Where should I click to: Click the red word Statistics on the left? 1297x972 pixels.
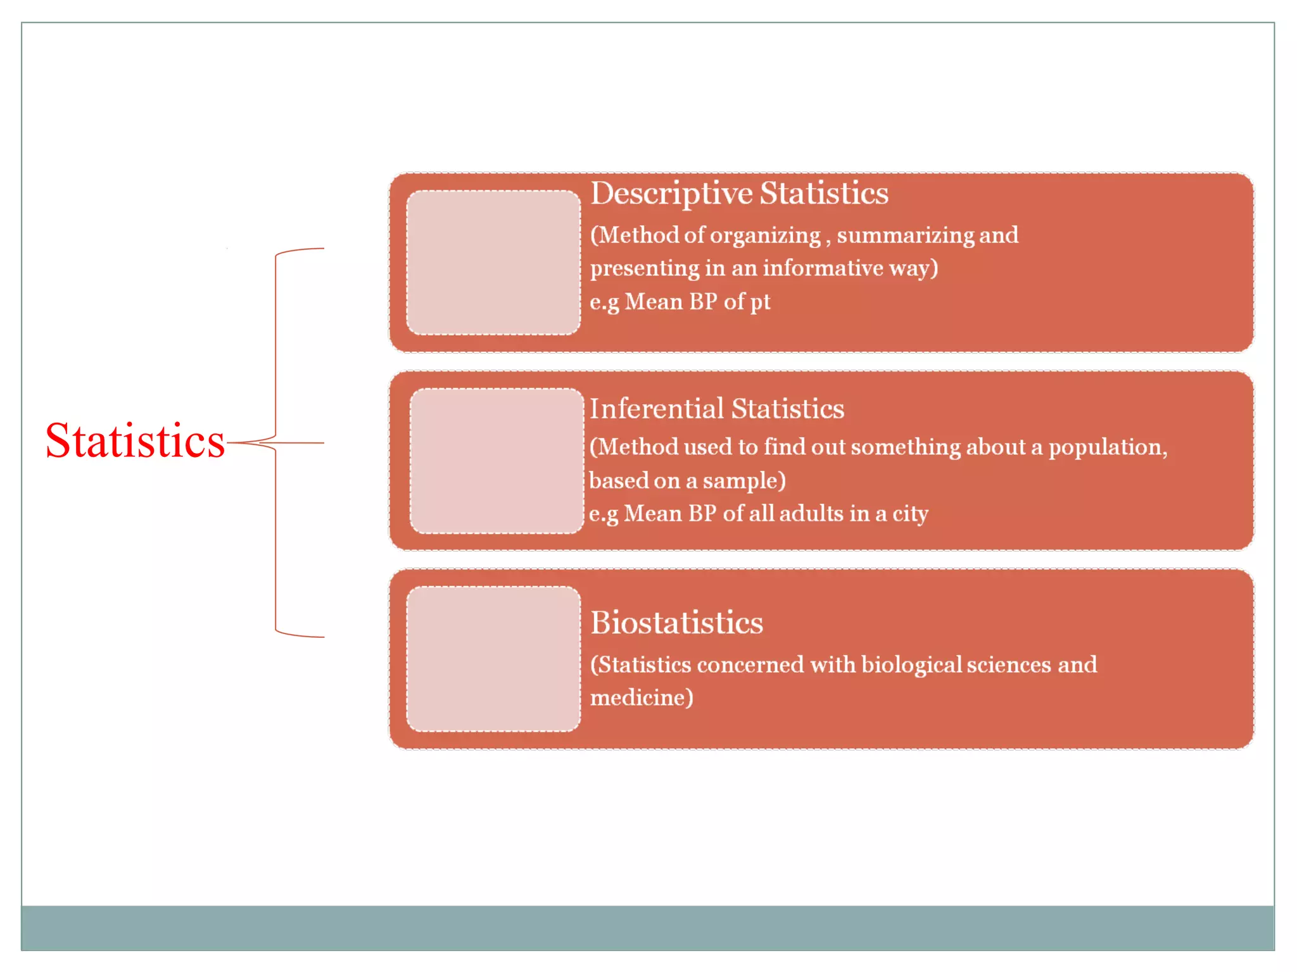[x=135, y=441]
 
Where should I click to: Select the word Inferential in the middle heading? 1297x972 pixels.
[x=656, y=409]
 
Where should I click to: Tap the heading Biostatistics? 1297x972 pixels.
[x=676, y=623]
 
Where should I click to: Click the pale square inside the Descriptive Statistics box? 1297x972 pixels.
[x=493, y=263]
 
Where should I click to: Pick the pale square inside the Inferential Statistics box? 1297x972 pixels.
[x=497, y=461]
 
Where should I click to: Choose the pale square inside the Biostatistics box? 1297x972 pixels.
[x=493, y=659]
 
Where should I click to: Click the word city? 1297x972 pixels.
[x=910, y=514]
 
